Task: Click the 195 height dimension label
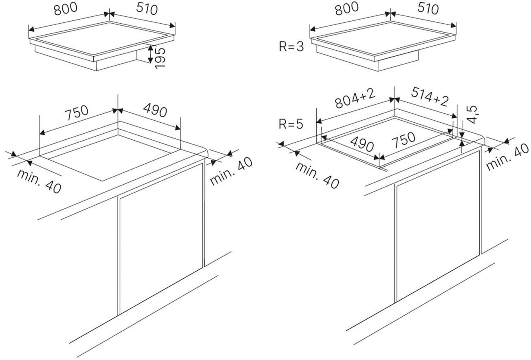coord(161,57)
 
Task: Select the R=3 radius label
coord(291,46)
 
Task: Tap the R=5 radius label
coord(291,124)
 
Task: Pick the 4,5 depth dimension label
coord(472,114)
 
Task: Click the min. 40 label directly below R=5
coord(317,175)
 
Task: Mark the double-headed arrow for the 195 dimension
coord(150,54)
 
